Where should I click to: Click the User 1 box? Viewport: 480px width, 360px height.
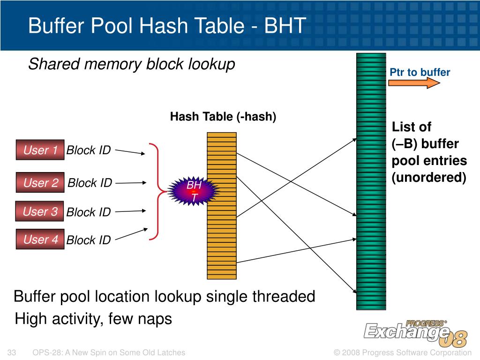coord(40,150)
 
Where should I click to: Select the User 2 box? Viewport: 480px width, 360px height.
coord(40,183)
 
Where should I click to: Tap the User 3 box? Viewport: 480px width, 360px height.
coord(40,211)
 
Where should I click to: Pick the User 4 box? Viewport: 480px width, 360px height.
coord(40,240)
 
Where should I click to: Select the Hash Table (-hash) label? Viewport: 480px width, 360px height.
coord(223,117)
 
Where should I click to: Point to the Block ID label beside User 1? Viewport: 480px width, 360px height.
coord(89,150)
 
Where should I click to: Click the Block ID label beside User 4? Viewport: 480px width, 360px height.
coord(89,240)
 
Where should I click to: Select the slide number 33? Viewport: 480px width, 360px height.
coord(13,352)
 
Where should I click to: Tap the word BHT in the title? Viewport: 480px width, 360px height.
coord(278,26)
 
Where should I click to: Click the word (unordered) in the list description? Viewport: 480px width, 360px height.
coord(429,178)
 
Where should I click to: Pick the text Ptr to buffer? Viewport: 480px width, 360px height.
coord(420,72)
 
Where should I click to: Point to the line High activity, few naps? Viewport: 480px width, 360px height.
coord(94,319)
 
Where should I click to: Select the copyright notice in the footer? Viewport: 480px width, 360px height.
coord(402,352)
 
